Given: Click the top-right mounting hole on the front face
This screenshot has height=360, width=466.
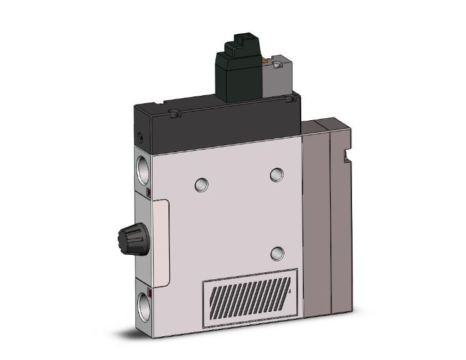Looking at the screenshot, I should [x=276, y=175].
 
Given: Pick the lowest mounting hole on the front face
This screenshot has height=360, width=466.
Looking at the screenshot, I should [x=276, y=253].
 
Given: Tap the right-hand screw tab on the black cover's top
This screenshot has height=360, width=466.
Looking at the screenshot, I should [x=289, y=98].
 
